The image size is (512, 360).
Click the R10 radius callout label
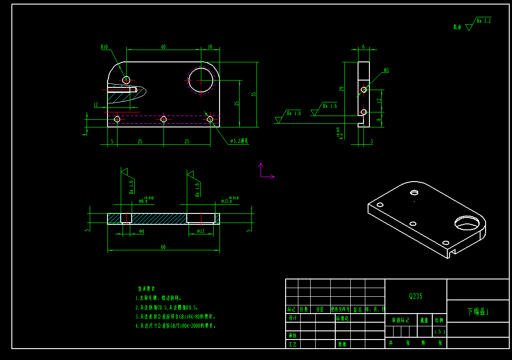pos(104,47)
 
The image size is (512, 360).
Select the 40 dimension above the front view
pos(163,46)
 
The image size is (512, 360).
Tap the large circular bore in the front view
pos(201,80)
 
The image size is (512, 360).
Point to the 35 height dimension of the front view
pos(254,95)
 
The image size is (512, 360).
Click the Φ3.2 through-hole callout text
pos(239,142)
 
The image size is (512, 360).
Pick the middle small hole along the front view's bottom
pos(164,119)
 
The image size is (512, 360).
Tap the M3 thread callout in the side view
pos(386,70)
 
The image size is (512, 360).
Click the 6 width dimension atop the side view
pos(363,46)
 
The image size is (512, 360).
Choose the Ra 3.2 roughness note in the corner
pos(483,21)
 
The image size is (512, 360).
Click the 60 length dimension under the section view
pos(163,247)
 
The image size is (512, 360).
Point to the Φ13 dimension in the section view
pos(200,232)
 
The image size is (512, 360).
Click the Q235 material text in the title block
pos(415,296)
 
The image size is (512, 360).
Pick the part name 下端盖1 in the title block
pos(478,312)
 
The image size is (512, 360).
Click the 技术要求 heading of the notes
pos(147,289)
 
